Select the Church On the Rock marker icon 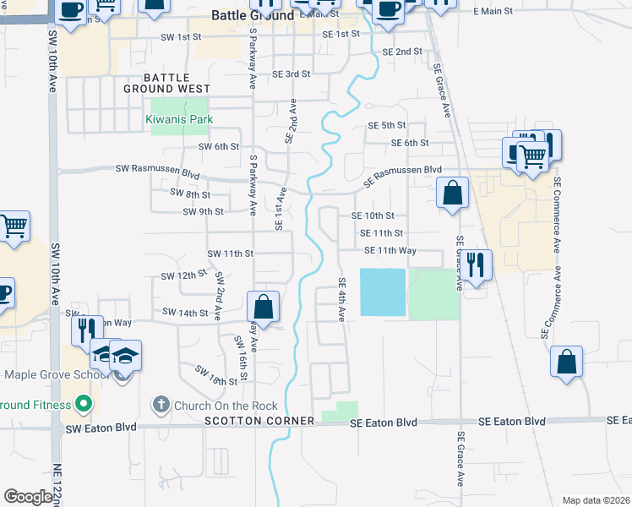coord(161,405)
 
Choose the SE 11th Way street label coord(390,250)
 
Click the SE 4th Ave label coord(342,299)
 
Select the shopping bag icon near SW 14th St coord(263,306)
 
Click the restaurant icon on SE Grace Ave coord(477,265)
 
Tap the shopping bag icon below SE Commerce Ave coord(566,361)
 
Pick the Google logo coord(28,497)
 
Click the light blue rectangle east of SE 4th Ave coord(383,292)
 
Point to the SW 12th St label coord(183,276)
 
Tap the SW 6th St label coord(219,146)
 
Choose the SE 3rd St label coord(291,74)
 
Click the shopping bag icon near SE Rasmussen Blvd coord(453,194)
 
